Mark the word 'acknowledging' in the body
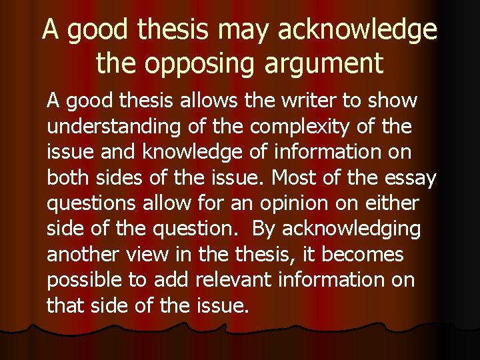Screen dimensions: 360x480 (351, 229)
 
